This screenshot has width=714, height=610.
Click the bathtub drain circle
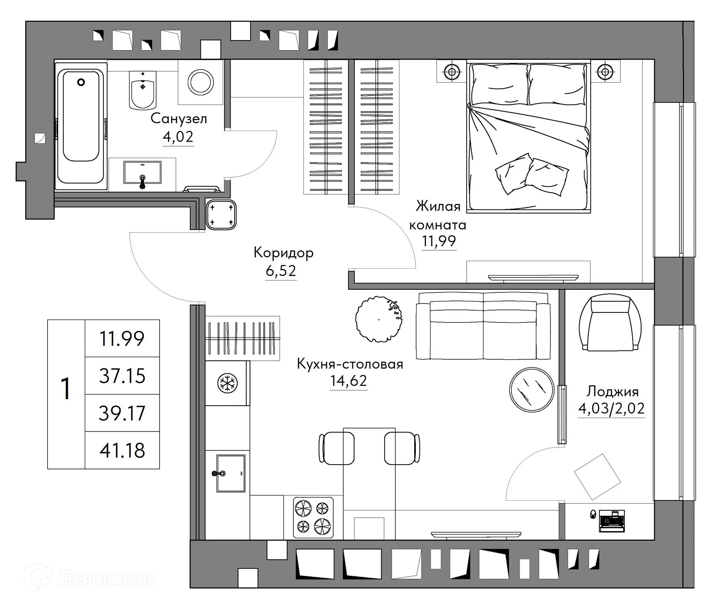point(81,82)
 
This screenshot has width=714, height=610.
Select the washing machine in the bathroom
point(200,82)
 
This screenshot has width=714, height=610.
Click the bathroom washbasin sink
point(142,172)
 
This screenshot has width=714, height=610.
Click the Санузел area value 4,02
point(178,137)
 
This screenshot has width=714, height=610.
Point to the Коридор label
point(283,253)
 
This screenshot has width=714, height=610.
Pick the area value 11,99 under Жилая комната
point(438,241)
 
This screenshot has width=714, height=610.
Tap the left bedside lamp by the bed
point(451,72)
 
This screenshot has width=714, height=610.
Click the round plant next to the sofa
point(379,319)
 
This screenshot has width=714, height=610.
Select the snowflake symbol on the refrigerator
point(227,383)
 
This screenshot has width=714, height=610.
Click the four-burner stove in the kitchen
point(313,517)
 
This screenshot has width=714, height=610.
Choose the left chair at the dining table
point(337,448)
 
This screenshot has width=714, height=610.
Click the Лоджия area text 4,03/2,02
point(611,409)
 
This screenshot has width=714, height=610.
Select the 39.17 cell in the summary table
point(122,413)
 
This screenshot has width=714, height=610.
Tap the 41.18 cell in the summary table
point(122,450)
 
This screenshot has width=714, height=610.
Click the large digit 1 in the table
point(66,389)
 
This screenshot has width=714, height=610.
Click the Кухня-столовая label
point(350,364)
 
